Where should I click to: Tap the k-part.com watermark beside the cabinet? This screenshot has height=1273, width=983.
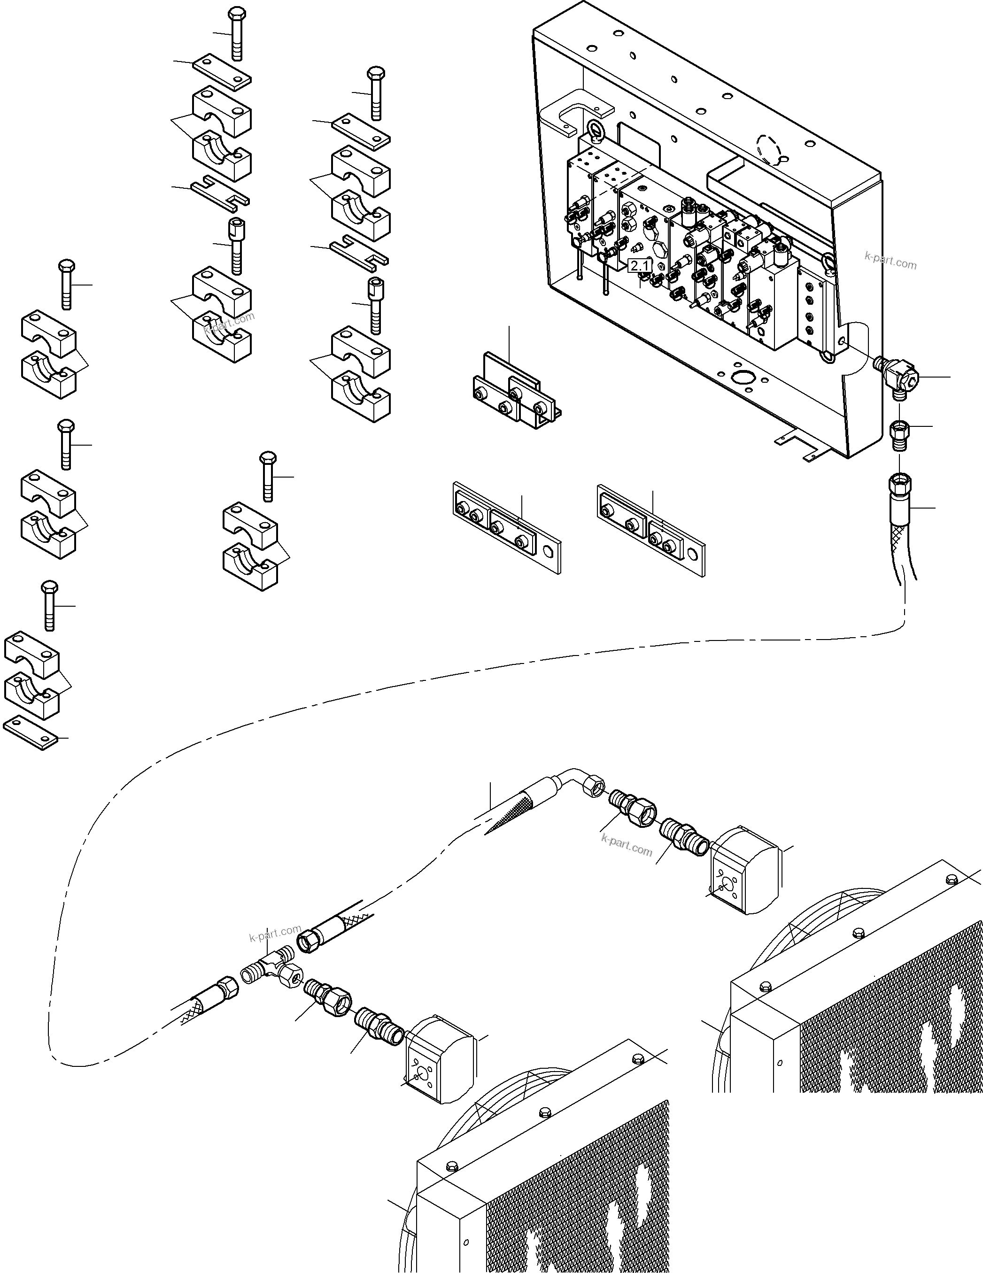point(890,261)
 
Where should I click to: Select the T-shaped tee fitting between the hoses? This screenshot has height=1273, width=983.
point(274,968)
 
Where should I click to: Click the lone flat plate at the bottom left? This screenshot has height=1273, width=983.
point(31,733)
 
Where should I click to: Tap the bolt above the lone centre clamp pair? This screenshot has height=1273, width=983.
point(268,475)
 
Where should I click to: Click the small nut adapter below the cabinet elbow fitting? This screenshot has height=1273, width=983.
point(899,434)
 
